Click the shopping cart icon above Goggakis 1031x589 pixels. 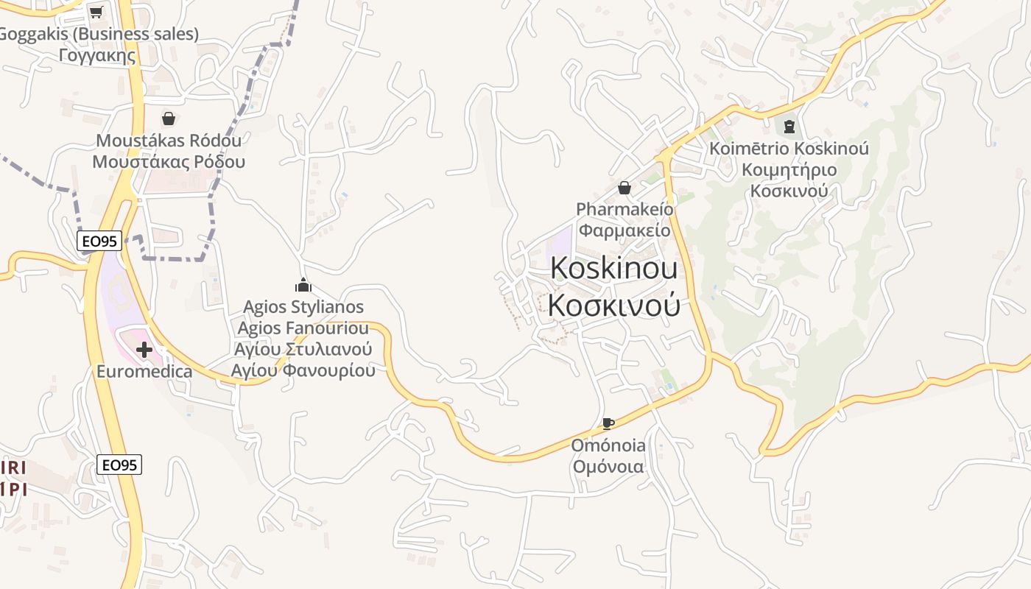pos(96,11)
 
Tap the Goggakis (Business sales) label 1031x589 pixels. pos(99,34)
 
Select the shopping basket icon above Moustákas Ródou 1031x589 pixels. pos(169,119)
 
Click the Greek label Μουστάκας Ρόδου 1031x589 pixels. pos(169,162)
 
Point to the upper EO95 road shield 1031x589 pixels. pos(99,240)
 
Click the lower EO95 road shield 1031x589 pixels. pos(119,465)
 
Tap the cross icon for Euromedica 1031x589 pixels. pos(144,350)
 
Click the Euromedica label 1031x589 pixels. pos(144,371)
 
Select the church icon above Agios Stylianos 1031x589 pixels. pos(303,285)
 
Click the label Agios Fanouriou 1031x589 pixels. pos(303,328)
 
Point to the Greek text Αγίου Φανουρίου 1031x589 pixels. pos(303,370)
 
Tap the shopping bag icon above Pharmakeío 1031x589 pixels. pos(624,188)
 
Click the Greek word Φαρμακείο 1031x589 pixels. pos(624,230)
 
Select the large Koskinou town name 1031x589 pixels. pos(614,269)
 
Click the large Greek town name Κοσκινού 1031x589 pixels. pos(614,305)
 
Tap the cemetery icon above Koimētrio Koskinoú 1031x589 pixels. pos(789,127)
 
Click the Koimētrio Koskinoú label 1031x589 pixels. pos(789,149)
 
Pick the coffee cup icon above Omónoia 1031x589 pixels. pos(608,423)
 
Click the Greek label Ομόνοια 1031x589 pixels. pos(608,467)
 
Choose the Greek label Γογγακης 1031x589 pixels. pos(99,55)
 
